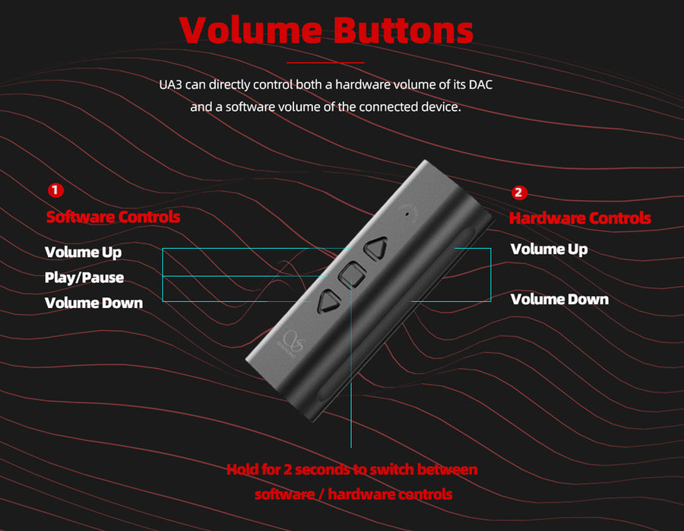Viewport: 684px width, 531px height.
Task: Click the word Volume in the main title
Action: click(x=251, y=30)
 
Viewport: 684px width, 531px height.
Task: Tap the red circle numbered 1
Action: click(x=55, y=190)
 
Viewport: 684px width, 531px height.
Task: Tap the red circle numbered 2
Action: click(x=518, y=192)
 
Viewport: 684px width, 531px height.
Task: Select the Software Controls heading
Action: click(x=113, y=217)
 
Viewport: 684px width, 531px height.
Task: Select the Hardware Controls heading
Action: click(x=580, y=218)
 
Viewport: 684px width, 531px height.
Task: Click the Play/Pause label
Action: click(x=84, y=278)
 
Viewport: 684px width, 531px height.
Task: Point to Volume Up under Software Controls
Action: click(x=84, y=253)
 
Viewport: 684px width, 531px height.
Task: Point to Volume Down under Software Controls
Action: click(x=93, y=303)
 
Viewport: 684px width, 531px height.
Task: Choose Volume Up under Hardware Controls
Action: click(x=549, y=250)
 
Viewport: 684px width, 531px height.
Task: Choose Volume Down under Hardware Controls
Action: click(x=559, y=300)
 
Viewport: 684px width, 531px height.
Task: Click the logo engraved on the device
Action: click(x=291, y=344)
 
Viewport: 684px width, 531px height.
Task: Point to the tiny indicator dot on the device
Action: click(x=407, y=214)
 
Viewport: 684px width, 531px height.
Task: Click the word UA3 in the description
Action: click(x=170, y=84)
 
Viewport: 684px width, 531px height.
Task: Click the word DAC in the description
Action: click(x=481, y=84)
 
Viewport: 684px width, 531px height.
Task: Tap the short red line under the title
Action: click(x=325, y=62)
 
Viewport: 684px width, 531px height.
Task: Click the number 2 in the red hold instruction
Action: click(x=287, y=470)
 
